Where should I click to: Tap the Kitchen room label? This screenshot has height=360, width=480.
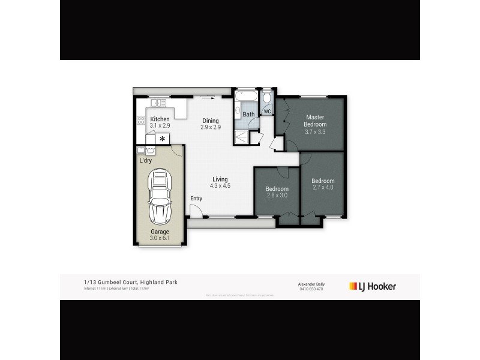pos(160,119)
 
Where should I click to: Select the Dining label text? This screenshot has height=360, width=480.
pos(210,121)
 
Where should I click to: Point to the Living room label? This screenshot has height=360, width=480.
pos(220,179)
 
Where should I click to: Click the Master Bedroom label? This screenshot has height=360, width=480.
pos(315,121)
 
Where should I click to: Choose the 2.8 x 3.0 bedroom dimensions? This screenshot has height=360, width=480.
pos(277,195)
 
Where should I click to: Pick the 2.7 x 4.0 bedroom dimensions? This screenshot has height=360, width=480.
pos(323,187)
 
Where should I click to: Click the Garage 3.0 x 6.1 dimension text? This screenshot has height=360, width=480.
pos(160,238)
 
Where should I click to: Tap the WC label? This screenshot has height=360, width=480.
pos(268,112)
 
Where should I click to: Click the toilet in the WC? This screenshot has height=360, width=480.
pos(267,97)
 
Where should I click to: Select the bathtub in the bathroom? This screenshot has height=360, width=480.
pos(247,98)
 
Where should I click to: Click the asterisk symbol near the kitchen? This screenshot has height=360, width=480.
pos(162,139)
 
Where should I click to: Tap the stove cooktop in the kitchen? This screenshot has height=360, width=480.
pos(141,121)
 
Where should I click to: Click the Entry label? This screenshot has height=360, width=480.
pos(196,199)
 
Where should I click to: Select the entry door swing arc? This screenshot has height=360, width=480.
pos(196,210)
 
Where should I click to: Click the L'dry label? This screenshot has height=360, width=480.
pos(146,161)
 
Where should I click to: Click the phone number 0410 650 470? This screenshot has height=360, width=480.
pos(311,289)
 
